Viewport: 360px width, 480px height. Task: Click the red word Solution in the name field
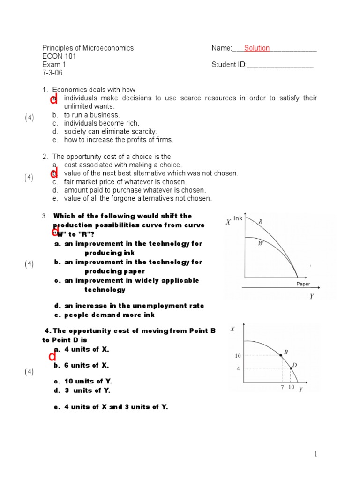tap(256, 48)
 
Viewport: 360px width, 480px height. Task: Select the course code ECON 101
tap(59, 56)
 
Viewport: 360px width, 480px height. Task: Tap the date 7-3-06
tap(52, 73)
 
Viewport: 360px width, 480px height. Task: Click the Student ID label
tap(229, 65)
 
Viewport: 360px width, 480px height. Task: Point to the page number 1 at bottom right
tap(316, 454)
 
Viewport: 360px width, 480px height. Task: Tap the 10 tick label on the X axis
tap(238, 356)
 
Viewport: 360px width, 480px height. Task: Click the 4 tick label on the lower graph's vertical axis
tap(238, 368)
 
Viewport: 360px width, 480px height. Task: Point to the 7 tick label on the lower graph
tap(282, 387)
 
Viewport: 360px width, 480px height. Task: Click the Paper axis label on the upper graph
tap(303, 284)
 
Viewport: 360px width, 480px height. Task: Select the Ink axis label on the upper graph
tap(238, 218)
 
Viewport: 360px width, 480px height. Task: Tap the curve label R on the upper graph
tap(260, 221)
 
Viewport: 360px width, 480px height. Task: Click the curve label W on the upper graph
tap(260, 243)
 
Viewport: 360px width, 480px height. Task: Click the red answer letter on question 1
tap(54, 99)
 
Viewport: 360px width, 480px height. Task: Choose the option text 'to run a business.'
tap(92, 115)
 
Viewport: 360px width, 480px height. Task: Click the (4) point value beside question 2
tap(29, 178)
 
